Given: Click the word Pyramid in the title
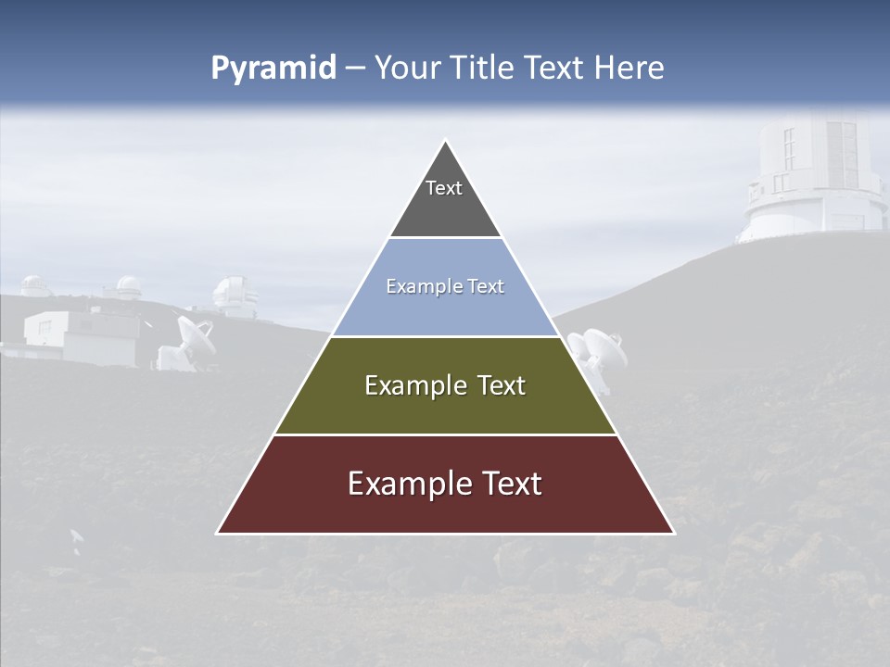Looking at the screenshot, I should tap(273, 69).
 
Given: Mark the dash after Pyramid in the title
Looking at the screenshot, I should tap(355, 69).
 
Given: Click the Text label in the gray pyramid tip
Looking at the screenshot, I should tap(444, 188).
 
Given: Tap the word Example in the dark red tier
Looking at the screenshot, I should tap(408, 484).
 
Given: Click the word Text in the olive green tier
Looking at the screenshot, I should tap(502, 385).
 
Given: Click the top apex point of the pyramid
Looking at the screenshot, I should tap(445, 140).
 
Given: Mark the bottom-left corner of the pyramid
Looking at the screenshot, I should tap(217, 534).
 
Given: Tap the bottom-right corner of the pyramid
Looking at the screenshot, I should tap(674, 534).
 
